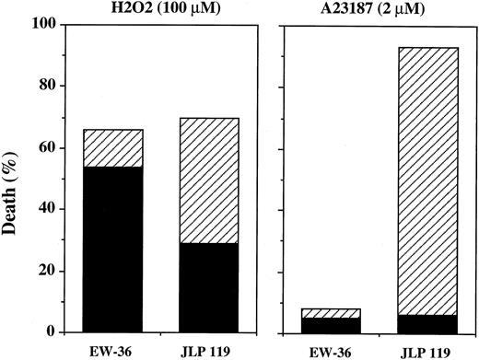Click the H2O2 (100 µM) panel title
162,9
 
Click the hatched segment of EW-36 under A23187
332,313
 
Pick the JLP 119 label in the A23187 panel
426,351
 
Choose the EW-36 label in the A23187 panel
332,351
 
